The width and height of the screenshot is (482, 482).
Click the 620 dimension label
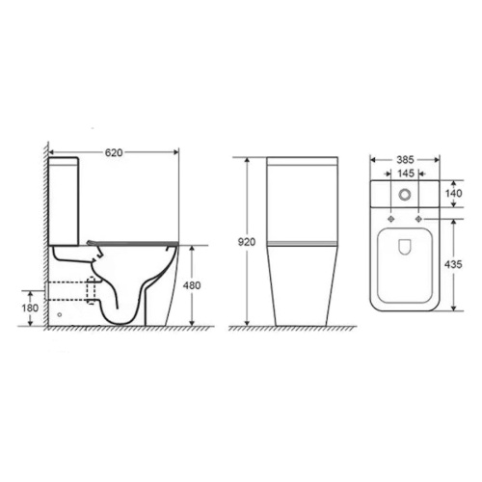[x=114, y=152]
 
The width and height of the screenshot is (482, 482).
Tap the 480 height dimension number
[x=192, y=285]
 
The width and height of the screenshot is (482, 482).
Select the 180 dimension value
[x=30, y=308]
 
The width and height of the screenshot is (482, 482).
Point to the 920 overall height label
[x=247, y=242]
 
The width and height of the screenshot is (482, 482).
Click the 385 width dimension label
[x=405, y=160]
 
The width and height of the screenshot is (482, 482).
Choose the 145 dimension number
[x=406, y=174]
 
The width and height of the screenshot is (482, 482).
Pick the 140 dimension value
[x=453, y=193]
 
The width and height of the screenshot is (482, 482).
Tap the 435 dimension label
[x=453, y=264]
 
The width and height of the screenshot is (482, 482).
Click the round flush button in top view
[x=405, y=194]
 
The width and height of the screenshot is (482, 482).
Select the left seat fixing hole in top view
[x=390, y=219]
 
